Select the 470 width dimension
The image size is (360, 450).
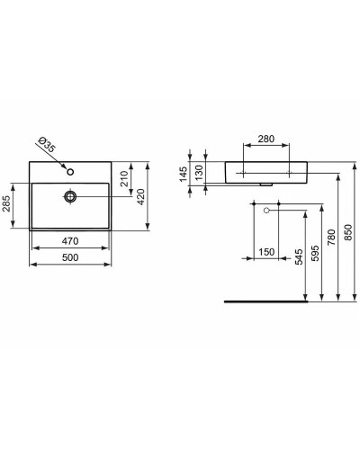click(70, 242)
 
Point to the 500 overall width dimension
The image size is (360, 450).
click(70, 258)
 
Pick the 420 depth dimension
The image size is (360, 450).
click(141, 197)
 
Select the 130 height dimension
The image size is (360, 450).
click(201, 173)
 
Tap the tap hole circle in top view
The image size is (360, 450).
click(71, 169)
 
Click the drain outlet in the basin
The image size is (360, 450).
click(71, 194)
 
